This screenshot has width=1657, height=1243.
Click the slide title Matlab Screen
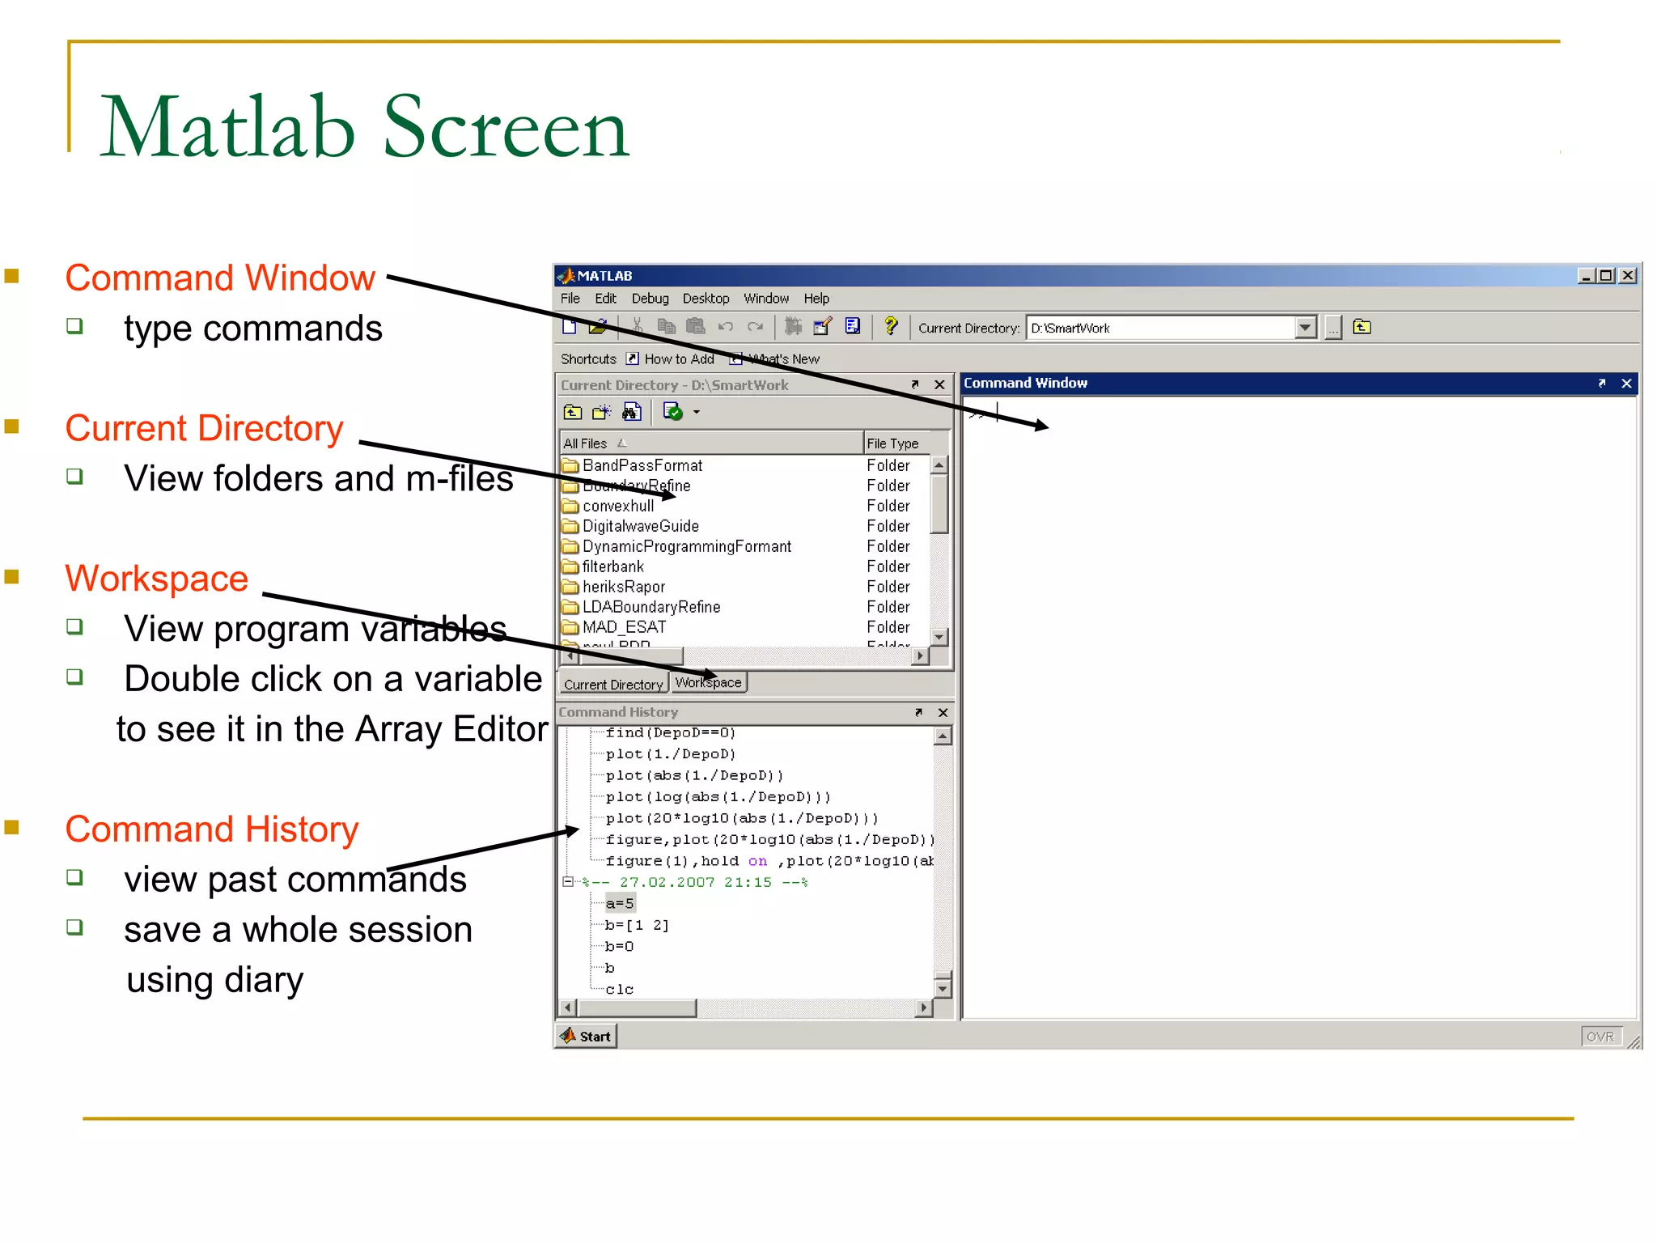click(364, 127)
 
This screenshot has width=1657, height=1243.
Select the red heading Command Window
click(220, 278)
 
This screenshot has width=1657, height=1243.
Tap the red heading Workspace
click(157, 579)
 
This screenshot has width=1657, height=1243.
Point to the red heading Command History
click(212, 829)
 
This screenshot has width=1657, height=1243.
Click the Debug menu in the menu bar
click(650, 299)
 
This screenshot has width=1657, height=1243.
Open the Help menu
click(816, 299)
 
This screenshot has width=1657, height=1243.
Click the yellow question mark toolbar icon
click(891, 326)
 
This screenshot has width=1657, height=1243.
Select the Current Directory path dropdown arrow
click(1304, 328)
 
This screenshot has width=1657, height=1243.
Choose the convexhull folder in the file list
click(618, 507)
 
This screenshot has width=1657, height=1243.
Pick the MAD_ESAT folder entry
click(624, 627)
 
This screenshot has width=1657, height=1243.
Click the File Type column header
click(892, 443)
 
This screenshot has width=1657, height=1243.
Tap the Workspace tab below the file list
click(709, 683)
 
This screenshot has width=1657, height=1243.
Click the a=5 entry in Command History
click(620, 904)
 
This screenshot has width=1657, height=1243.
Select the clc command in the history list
click(620, 990)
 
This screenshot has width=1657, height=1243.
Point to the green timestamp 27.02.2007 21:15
click(695, 883)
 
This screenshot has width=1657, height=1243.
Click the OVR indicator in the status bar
click(1600, 1037)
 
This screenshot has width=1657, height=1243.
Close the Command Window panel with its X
click(1626, 384)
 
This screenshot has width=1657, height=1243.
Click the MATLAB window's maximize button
click(1607, 276)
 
